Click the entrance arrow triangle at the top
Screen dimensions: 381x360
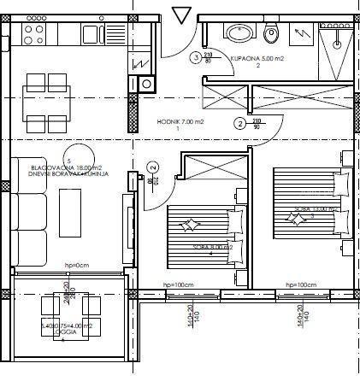[183, 15]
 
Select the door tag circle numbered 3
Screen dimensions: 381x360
[196, 58]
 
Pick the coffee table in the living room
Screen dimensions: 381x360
[68, 212]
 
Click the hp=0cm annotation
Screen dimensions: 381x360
[76, 266]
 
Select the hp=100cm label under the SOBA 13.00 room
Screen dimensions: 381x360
[300, 284]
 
